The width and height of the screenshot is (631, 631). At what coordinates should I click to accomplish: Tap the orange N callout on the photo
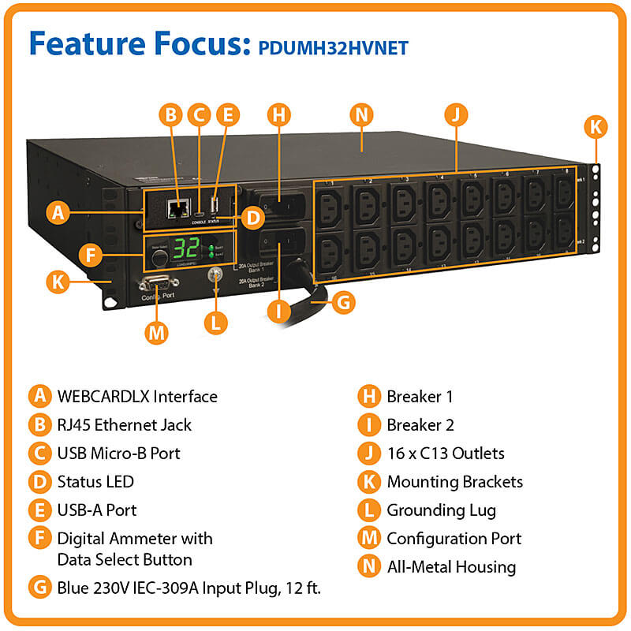click(x=361, y=114)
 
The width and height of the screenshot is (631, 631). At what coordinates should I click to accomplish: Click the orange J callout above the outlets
click(x=454, y=114)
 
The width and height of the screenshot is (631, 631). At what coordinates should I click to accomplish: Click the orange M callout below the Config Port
click(x=157, y=332)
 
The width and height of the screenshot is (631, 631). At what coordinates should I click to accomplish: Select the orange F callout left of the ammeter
click(x=92, y=256)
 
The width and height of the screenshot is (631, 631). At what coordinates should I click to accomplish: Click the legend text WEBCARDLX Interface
click(x=137, y=396)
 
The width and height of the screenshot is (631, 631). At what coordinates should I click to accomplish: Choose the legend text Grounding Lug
click(x=441, y=510)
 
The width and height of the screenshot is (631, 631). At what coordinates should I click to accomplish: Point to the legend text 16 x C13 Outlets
click(x=445, y=453)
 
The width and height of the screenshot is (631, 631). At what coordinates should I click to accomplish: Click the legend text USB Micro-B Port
click(x=118, y=453)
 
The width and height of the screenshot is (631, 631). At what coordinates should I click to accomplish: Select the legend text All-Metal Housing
click(x=450, y=566)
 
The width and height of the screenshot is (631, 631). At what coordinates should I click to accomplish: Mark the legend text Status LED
click(x=95, y=481)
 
